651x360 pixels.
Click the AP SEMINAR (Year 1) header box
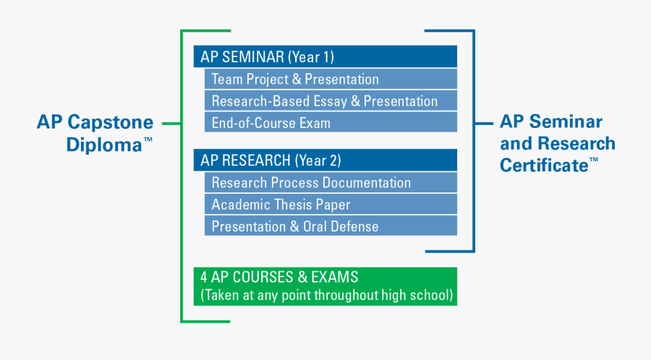[x=325, y=56]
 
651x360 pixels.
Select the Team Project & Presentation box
[x=330, y=79]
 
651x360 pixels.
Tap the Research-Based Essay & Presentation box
[x=330, y=100]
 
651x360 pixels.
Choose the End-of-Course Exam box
[x=330, y=122]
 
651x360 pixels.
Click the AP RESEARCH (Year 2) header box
[x=325, y=160]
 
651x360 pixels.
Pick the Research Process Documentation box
[x=330, y=182]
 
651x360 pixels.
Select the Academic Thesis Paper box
[x=330, y=204]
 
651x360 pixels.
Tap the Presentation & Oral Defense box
[x=330, y=226]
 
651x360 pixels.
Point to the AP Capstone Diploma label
[x=95, y=133]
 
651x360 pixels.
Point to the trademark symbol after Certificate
[x=594, y=160]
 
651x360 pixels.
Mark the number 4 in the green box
[x=205, y=278]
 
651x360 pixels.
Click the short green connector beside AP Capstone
[x=171, y=124]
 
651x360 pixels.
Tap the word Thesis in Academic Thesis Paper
[x=294, y=204]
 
